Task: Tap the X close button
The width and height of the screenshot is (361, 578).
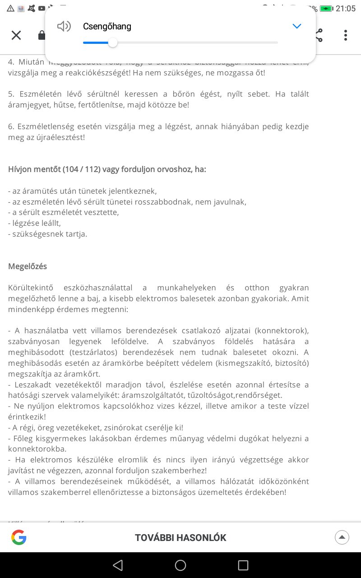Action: tap(16, 35)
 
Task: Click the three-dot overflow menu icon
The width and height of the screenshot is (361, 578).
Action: tap(345, 35)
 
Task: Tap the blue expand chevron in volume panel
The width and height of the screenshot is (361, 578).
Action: tap(296, 26)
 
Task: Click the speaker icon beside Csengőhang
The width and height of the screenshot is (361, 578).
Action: tap(64, 26)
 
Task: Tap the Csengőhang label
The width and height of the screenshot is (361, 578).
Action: tap(107, 26)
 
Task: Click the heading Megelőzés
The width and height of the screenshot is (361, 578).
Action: tap(28, 266)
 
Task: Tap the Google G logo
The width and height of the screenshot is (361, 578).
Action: tap(19, 537)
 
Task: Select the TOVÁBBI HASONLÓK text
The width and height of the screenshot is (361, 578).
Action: tap(180, 537)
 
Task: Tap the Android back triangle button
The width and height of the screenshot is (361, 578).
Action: tap(118, 565)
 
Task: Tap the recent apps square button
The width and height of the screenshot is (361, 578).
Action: tap(243, 565)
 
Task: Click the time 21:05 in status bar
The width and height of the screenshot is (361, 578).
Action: tap(346, 9)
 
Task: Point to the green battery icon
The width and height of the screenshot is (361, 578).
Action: tap(326, 9)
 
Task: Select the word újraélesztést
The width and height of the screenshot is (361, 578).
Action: tap(60, 137)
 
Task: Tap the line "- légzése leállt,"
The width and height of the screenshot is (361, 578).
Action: tap(34, 223)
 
